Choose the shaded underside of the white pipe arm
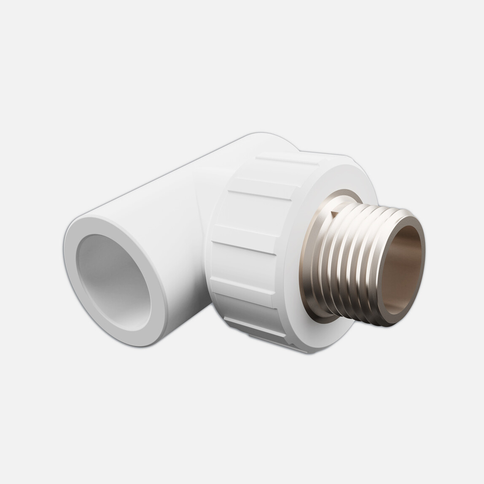[186, 312]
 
